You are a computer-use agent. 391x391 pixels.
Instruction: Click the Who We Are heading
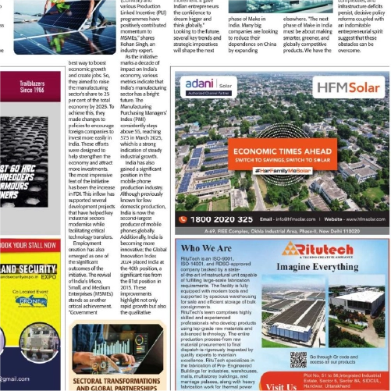[211, 248]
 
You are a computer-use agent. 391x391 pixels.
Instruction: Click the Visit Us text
[279, 385]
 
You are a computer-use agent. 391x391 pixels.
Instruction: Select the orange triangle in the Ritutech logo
[290, 248]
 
